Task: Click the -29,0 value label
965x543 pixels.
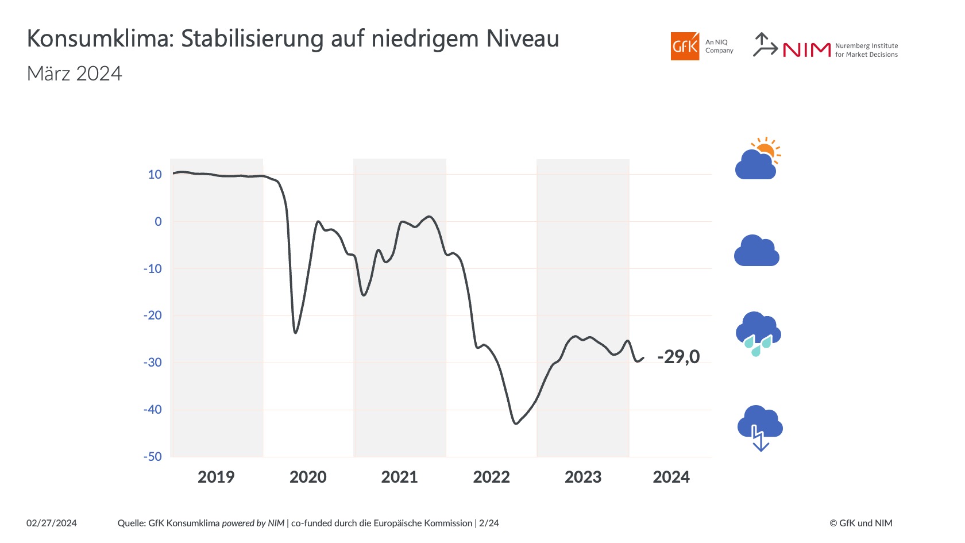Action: click(x=678, y=357)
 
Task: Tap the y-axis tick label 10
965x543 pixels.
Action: click(x=155, y=175)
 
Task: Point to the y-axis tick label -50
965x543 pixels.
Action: click(x=153, y=457)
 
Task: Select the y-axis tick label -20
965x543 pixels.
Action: click(x=153, y=315)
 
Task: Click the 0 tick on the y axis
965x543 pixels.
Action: click(x=159, y=222)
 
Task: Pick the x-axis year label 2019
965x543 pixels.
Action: click(x=216, y=477)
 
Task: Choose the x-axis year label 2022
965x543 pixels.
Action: click(x=491, y=477)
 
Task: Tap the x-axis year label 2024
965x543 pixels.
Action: click(x=671, y=477)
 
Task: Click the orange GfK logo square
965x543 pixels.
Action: click(x=685, y=47)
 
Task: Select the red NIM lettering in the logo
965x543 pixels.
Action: click(x=806, y=51)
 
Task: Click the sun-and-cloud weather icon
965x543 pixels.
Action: click(x=758, y=159)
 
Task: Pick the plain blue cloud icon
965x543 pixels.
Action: click(x=756, y=251)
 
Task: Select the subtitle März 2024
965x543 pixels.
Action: click(x=75, y=74)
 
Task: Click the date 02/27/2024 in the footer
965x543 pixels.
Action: click(x=52, y=523)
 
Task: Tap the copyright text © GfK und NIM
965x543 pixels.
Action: click(x=860, y=523)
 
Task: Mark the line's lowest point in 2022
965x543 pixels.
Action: click(x=516, y=423)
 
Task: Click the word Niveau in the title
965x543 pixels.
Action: click(x=523, y=39)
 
